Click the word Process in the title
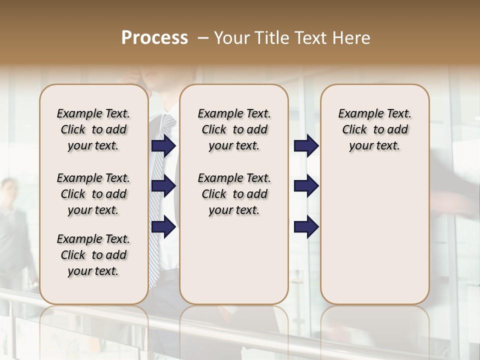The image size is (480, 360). (x=154, y=38)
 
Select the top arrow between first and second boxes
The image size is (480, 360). (x=163, y=145)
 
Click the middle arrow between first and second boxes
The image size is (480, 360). (x=163, y=186)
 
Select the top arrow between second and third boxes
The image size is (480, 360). (x=306, y=145)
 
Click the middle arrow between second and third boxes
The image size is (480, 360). (x=306, y=186)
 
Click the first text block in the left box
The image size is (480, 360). (x=93, y=129)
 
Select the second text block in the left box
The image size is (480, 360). (x=93, y=194)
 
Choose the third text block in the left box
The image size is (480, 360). (x=93, y=255)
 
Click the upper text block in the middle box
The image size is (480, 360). (x=234, y=129)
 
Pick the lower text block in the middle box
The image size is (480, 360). (x=234, y=194)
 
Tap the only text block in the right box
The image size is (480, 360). (x=374, y=129)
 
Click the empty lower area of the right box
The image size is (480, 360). (x=374, y=240)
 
